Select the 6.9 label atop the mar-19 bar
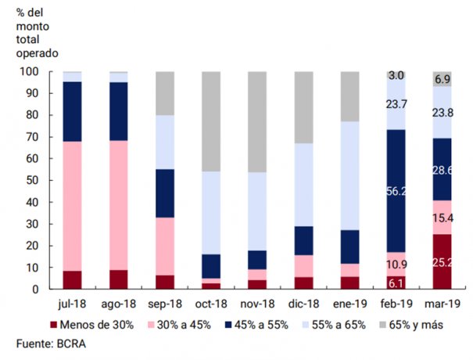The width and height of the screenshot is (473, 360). pos(443,79)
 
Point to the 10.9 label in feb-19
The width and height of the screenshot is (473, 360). pos(396,265)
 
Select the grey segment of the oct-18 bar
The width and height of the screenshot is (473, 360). pos(211,121)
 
